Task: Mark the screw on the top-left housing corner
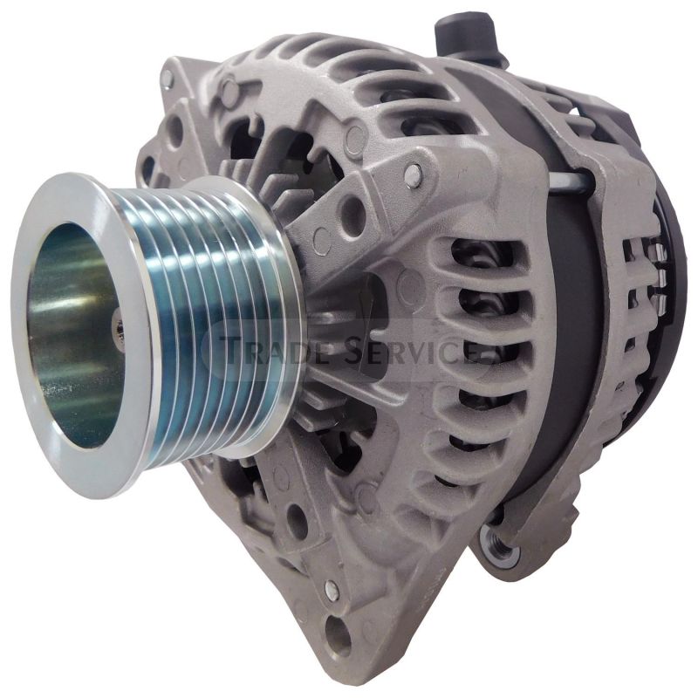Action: [x=167, y=79]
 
